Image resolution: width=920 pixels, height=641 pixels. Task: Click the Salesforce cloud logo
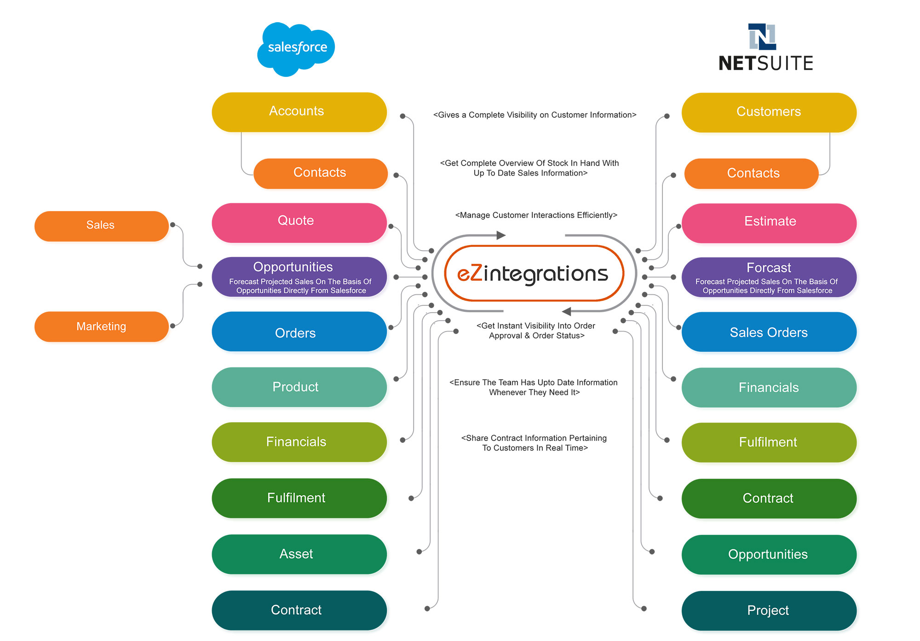[296, 48]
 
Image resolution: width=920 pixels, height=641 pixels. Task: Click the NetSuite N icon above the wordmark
[762, 36]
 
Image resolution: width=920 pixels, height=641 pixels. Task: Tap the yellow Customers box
[769, 112]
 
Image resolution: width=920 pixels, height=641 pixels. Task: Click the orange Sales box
[101, 226]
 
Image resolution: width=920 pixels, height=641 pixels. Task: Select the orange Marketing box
[101, 326]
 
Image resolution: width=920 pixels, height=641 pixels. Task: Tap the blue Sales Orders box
[769, 332]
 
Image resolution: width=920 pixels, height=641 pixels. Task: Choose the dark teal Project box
[769, 610]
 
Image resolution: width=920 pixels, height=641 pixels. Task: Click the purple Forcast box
[769, 277]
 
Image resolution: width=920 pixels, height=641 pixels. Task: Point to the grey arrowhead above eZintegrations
[500, 235]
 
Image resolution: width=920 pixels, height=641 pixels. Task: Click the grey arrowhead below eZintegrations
[567, 311]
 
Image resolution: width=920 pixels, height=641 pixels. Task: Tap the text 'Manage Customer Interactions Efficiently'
[536, 215]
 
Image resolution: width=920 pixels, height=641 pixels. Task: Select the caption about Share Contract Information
[534, 443]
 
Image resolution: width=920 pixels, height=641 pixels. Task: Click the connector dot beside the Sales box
[173, 225]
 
